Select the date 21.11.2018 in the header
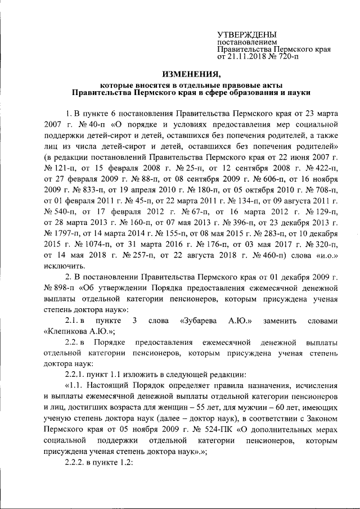[245, 56]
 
